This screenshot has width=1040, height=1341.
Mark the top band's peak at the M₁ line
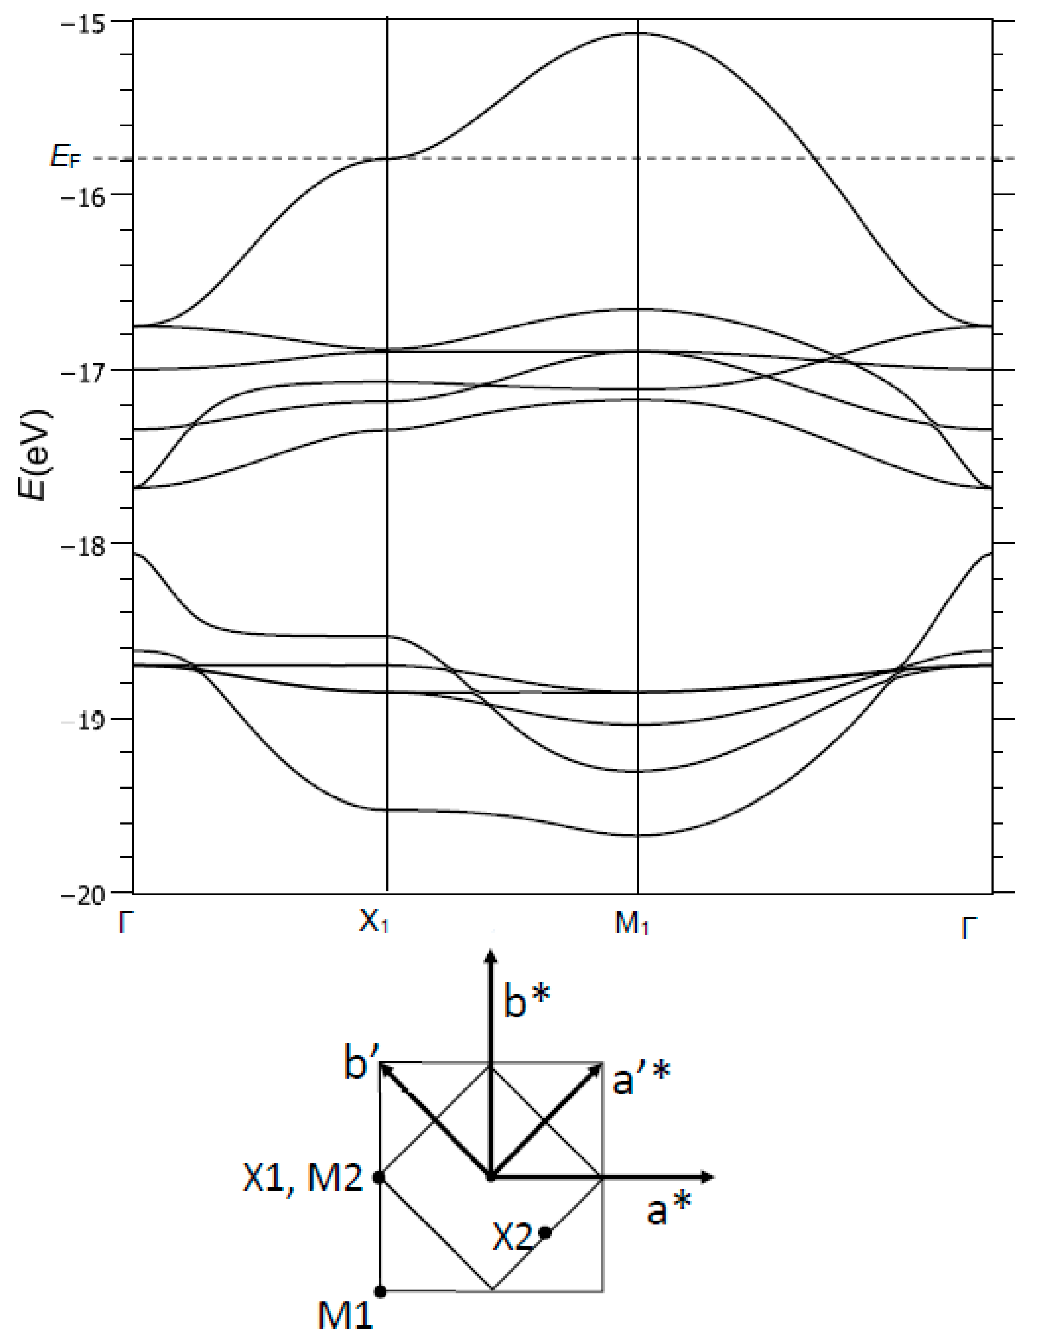point(638,33)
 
